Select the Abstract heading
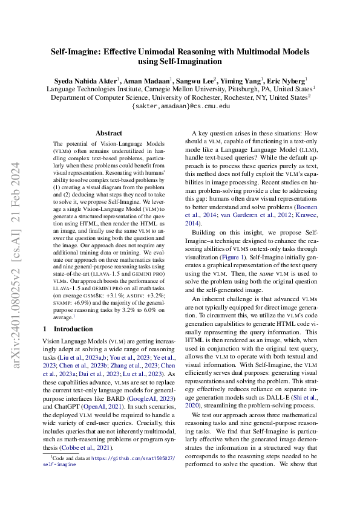[x=110, y=133]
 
